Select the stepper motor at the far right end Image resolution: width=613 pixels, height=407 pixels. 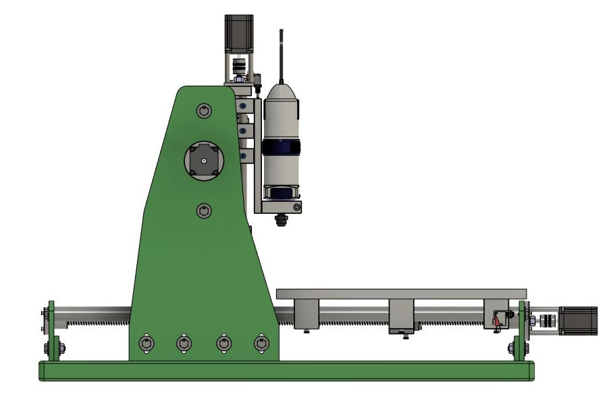pyautogui.click(x=579, y=321)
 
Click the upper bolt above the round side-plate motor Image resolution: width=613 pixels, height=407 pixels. pyautogui.click(x=204, y=111)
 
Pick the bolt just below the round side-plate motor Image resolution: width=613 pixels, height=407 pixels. pyautogui.click(x=204, y=211)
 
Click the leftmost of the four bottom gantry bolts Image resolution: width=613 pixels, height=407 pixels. pyautogui.click(x=146, y=344)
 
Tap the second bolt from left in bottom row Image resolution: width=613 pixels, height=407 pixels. pyautogui.click(x=184, y=344)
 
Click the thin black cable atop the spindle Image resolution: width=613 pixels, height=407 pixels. pyautogui.click(x=282, y=54)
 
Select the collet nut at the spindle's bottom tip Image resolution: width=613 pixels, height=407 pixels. pyautogui.click(x=282, y=219)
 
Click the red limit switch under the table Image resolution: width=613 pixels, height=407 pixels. pyautogui.click(x=499, y=319)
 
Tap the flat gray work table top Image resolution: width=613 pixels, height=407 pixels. pyautogui.click(x=401, y=294)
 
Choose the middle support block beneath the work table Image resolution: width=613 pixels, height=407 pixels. pyautogui.click(x=401, y=313)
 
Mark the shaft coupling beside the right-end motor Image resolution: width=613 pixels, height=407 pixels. pyautogui.click(x=548, y=321)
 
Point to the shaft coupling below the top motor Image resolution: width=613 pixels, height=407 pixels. pyautogui.click(x=238, y=68)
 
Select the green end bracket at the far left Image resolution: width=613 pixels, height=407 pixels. pyautogui.click(x=51, y=331)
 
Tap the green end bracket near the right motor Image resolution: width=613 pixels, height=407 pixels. pyautogui.click(x=522, y=331)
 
